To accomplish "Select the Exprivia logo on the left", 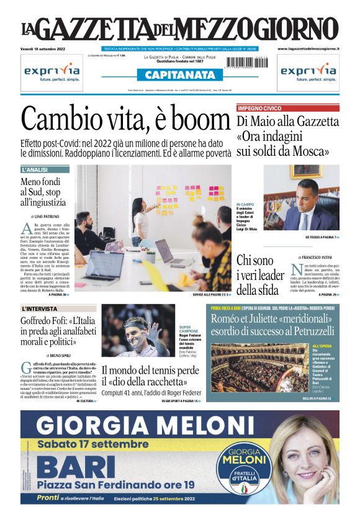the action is click(x=52, y=72).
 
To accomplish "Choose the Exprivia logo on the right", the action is click(x=308, y=72).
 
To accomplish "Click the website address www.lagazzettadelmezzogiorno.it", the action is click(x=308, y=48).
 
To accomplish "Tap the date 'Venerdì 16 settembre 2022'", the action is click(x=46, y=48).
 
